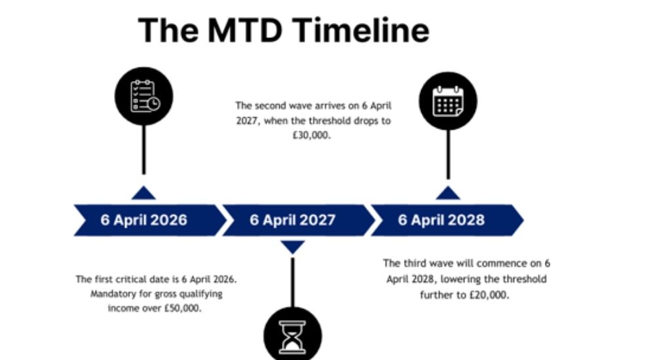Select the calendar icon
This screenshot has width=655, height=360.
pos(448,101)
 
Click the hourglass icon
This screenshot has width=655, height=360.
pos(293,338)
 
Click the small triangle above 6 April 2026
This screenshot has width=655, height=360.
pos(143,192)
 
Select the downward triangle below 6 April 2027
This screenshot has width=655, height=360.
pos(293,247)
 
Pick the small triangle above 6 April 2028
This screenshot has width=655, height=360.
pos(448,192)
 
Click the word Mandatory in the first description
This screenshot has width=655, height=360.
pos(111,293)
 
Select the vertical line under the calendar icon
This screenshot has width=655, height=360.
pos(448,154)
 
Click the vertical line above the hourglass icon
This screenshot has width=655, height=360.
pos(293,281)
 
